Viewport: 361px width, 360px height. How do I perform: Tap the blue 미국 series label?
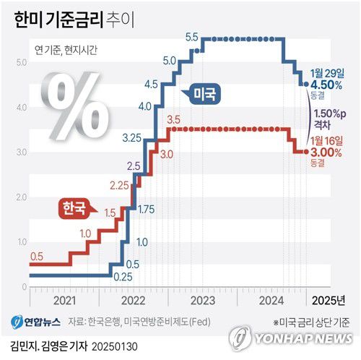click(209, 93)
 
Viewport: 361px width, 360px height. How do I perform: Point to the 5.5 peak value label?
click(192, 36)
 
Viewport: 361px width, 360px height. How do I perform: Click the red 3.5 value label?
click(173, 119)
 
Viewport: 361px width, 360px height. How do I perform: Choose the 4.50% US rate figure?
click(326, 85)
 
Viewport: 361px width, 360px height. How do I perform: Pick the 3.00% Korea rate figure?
click(326, 152)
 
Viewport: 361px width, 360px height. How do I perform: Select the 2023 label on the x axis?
click(203, 299)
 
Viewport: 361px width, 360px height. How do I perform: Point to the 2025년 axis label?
click(330, 299)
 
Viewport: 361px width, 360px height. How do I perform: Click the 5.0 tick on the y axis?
click(21, 62)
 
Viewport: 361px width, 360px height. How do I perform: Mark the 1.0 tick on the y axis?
click(21, 241)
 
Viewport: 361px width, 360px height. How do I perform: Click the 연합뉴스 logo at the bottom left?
click(35, 321)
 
